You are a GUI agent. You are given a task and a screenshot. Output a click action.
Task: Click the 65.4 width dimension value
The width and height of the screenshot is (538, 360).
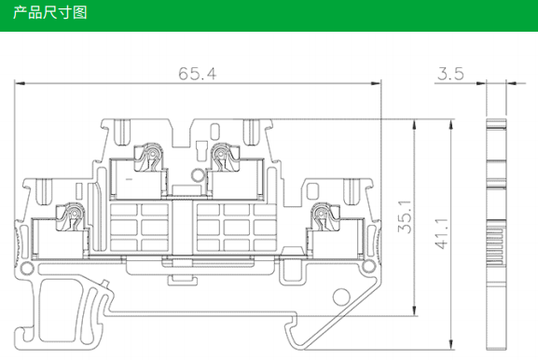pos(198,74)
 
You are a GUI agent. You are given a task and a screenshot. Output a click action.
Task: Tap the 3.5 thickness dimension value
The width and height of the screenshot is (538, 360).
pos(450,74)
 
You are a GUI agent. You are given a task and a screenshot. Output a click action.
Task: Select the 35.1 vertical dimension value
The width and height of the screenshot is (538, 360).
pos(405,217)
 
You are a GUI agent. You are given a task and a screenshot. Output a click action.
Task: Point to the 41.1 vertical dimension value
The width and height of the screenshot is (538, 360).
pos(442,233)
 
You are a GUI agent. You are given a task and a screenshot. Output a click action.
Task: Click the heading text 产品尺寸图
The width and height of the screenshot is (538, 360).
pos(50,13)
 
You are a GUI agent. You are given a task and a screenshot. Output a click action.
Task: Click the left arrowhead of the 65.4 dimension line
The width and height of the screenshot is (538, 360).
pos(20,83)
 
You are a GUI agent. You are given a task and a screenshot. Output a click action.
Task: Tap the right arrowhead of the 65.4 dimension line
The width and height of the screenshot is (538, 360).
pos(376,83)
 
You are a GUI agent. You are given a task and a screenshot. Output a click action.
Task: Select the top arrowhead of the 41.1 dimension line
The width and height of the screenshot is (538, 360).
pos(451,125)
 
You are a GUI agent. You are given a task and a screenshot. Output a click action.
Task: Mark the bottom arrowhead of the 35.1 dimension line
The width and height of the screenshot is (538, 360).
pos(415,311)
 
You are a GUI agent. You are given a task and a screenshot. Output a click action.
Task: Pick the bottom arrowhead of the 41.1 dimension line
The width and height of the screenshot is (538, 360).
pos(451,344)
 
